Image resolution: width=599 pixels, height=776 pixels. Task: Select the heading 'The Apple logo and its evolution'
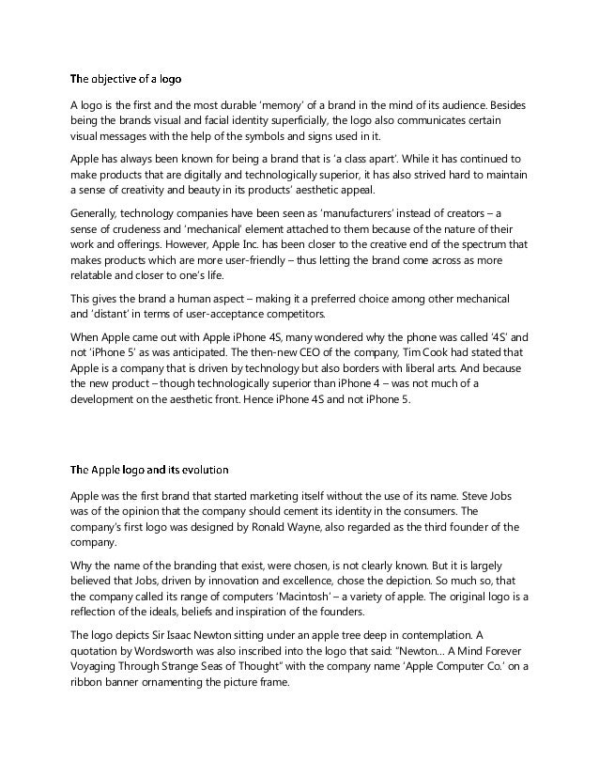149,468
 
